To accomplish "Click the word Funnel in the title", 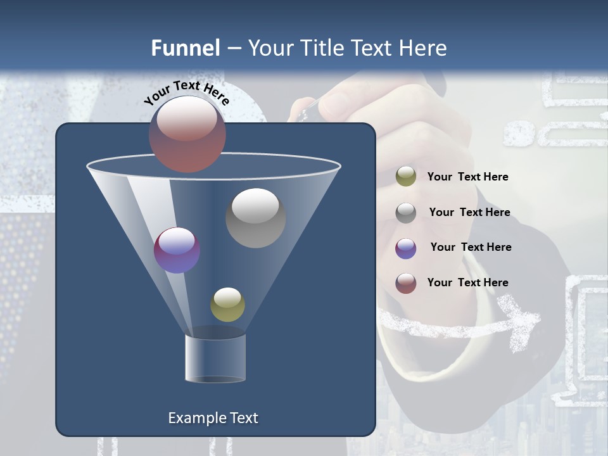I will [186, 48].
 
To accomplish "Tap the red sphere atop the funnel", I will [187, 134].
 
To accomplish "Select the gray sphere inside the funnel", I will [255, 218].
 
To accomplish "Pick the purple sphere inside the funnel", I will [177, 250].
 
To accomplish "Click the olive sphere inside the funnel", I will [227, 305].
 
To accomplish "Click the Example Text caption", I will [213, 418].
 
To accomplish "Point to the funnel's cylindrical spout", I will [215, 358].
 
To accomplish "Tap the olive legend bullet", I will [406, 177].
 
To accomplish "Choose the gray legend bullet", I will [406, 213].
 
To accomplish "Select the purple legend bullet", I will [406, 248].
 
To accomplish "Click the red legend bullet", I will [406, 283].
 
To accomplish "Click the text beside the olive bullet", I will [467, 177].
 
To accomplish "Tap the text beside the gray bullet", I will [469, 213].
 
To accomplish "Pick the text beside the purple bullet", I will [471, 248].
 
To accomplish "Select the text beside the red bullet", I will [467, 282].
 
